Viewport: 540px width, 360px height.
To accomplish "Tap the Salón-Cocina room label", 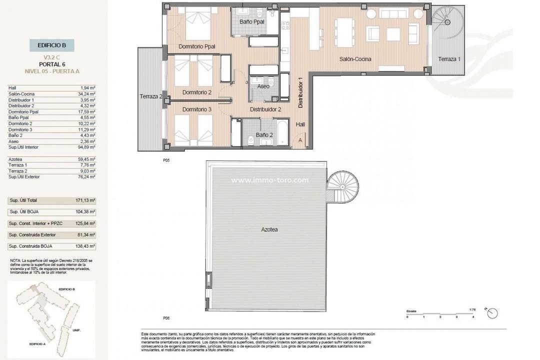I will tap(355, 59).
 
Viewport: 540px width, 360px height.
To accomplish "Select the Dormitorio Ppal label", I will tap(196, 47).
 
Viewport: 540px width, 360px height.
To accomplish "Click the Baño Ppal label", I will tap(251, 22).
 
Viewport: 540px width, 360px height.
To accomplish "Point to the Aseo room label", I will tap(263, 86).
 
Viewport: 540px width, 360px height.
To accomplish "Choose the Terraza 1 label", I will tap(448, 59).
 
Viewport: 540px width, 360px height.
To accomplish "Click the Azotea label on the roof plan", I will tap(269, 229).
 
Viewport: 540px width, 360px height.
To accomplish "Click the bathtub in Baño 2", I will tap(282, 132).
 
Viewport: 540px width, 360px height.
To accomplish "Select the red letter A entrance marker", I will tap(300, 140).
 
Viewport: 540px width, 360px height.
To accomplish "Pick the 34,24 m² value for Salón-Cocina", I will tap(87, 93).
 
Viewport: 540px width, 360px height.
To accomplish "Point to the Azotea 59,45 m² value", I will tap(87, 159).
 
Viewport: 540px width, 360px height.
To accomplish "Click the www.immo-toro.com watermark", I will tap(269, 180).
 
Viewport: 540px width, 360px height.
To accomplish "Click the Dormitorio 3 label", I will tap(196, 109).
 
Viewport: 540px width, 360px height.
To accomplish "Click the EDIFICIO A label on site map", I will tap(38, 344).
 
